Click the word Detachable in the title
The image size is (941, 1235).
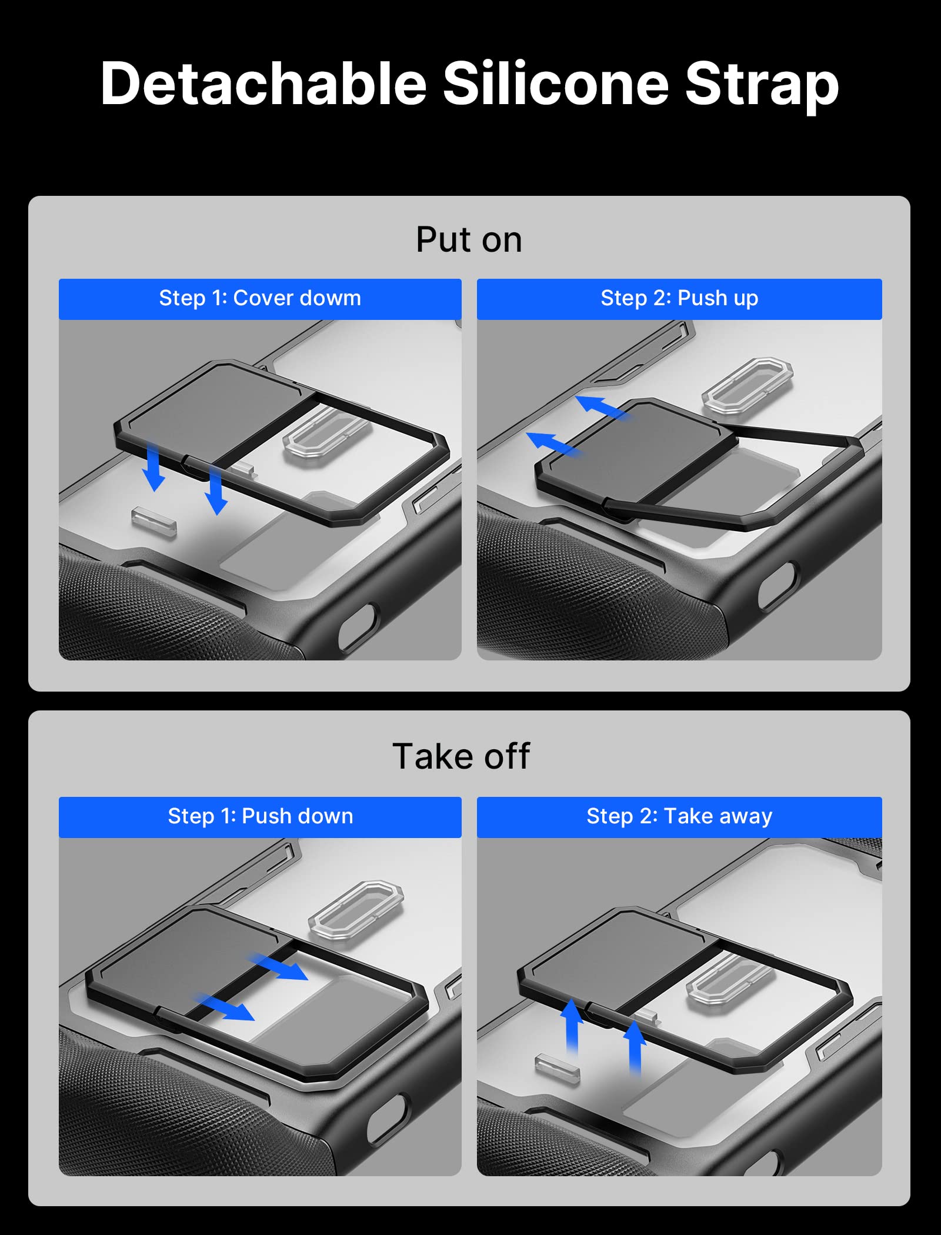(x=263, y=84)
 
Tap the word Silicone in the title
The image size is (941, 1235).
(x=556, y=84)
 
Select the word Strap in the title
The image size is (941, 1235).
(x=762, y=87)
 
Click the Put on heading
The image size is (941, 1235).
(x=469, y=240)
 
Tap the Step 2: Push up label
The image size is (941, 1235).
(x=679, y=299)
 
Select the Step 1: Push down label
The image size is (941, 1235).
(x=260, y=816)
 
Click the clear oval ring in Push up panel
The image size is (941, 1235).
(x=748, y=385)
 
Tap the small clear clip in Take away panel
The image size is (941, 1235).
(x=557, y=1067)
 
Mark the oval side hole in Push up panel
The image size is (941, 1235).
(x=778, y=586)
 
